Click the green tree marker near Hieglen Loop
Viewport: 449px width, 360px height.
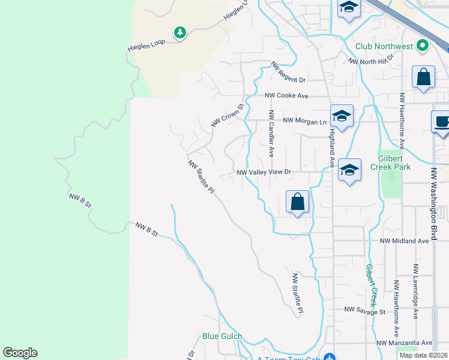(179, 33)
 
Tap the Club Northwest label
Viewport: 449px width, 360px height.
(384, 46)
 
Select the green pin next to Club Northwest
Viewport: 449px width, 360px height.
(423, 46)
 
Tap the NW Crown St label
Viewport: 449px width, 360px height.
(226, 116)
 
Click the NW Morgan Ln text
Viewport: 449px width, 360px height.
(304, 121)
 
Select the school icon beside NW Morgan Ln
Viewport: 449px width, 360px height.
(342, 117)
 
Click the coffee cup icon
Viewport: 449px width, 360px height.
(442, 122)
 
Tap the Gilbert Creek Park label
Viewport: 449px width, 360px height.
(390, 162)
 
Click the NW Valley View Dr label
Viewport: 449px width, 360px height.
(264, 172)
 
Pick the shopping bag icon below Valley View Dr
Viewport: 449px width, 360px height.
(297, 202)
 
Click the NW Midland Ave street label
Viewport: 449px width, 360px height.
(405, 241)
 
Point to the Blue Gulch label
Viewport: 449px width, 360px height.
(222, 337)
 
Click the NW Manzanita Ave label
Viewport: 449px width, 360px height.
(405, 343)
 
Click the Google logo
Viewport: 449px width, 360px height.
(20, 353)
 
